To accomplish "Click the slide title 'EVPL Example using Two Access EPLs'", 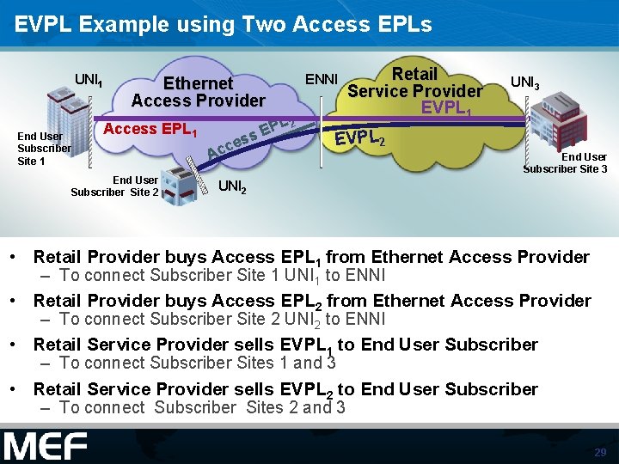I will coord(224,24).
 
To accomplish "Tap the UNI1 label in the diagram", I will coord(89,80).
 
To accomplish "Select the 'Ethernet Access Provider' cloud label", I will coord(198,91).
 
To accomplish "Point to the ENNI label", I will coord(322,79).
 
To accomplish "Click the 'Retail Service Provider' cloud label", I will coord(414,82).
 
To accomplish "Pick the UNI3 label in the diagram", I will coord(525,82).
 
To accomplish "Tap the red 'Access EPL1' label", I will coord(150,131).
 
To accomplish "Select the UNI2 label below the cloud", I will coord(233,186).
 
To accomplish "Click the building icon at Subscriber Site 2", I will coord(181,185).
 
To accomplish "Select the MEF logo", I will coord(46,447).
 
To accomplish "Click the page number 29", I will coord(600,452).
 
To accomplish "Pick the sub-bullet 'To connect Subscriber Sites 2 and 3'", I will coord(203,407).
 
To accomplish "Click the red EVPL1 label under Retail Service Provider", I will coord(444,108).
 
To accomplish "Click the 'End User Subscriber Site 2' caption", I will coord(114,186).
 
